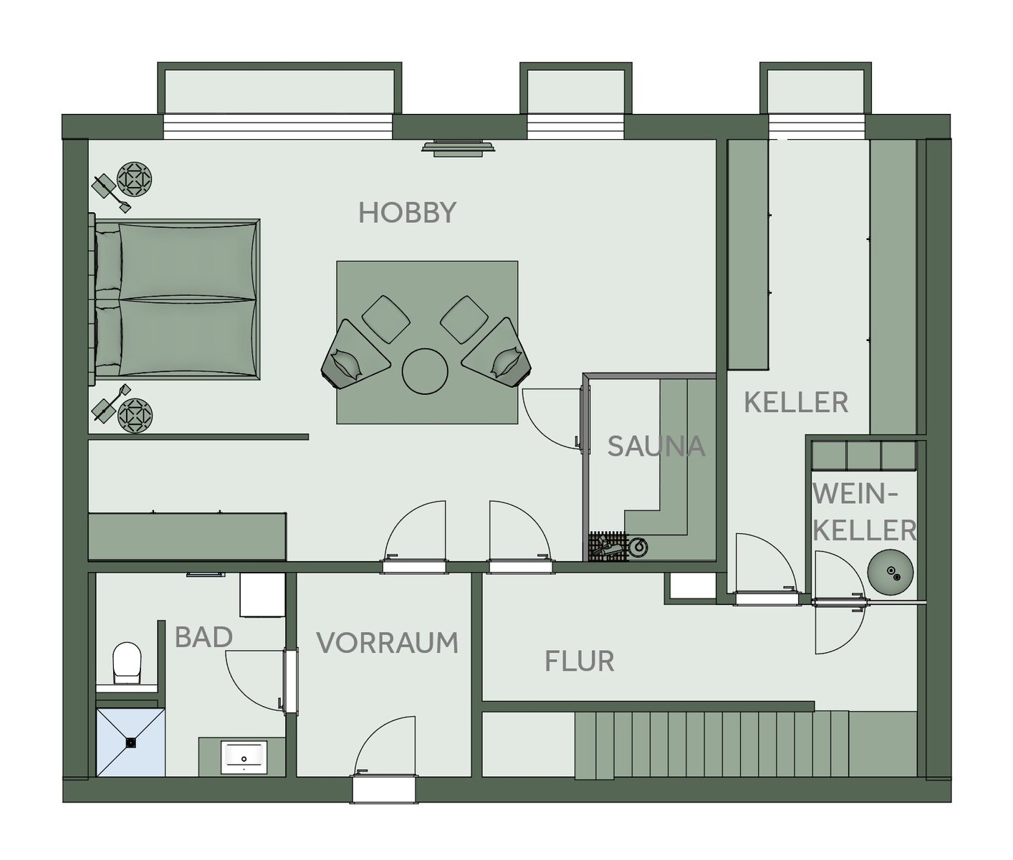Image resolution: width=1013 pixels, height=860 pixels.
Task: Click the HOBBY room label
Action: click(x=407, y=213)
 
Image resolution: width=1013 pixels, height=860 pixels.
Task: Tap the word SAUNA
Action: click(x=656, y=446)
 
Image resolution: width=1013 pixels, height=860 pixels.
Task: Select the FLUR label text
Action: click(x=580, y=661)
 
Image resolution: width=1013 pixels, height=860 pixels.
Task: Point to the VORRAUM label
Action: click(x=387, y=643)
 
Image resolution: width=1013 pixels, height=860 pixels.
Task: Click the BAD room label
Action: click(x=203, y=637)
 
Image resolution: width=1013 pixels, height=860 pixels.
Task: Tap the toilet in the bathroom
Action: click(x=127, y=663)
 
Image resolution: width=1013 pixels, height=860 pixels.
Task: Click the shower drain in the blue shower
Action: click(x=131, y=742)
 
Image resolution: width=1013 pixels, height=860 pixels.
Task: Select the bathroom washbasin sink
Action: click(x=244, y=758)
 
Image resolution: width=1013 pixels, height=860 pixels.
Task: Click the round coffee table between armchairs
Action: click(x=425, y=371)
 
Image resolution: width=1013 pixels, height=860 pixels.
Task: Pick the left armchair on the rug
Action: click(x=355, y=354)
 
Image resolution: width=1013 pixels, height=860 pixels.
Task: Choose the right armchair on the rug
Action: click(x=497, y=353)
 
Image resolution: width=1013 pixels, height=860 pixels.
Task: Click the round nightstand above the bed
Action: click(x=134, y=180)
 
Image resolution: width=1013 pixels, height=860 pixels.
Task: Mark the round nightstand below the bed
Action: click(x=135, y=415)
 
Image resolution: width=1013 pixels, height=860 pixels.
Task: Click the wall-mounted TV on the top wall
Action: click(x=459, y=148)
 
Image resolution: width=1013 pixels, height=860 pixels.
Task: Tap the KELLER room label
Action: click(x=797, y=403)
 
